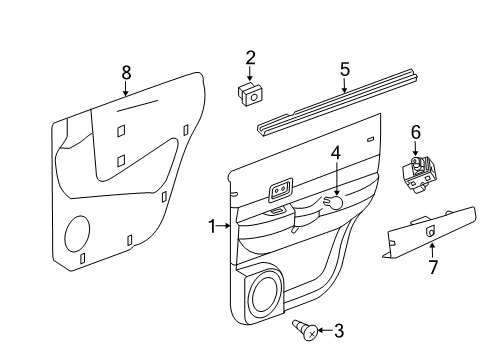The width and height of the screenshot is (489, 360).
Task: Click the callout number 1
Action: point(212,227)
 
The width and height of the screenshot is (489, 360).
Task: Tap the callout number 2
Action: point(250,58)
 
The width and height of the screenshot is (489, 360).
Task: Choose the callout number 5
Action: point(344,69)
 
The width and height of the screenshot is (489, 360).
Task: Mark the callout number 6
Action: point(416,131)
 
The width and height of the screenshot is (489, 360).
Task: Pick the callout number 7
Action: point(432,267)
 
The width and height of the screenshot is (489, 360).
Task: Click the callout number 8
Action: point(126,72)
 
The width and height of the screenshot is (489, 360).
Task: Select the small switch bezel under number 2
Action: point(249,93)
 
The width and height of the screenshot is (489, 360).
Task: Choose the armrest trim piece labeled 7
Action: point(426,233)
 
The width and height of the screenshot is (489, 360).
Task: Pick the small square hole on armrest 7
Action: point(431,231)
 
